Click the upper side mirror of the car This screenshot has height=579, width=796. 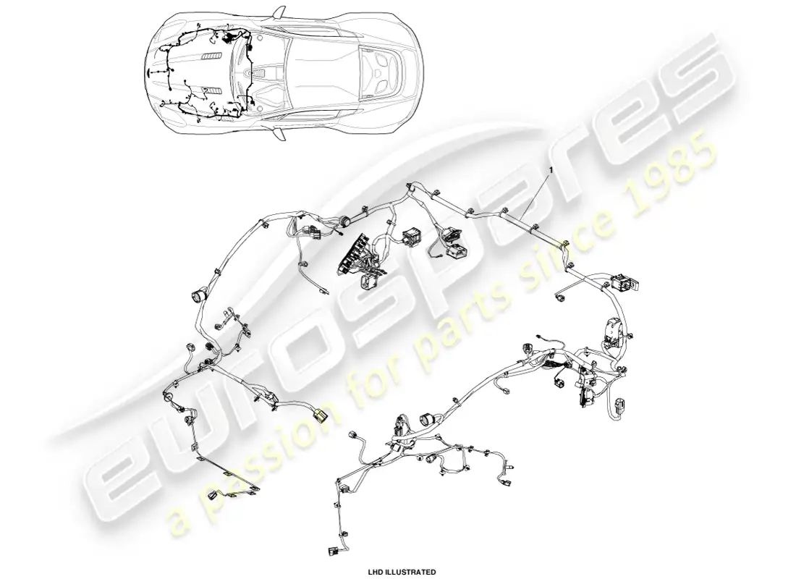click(x=277, y=13)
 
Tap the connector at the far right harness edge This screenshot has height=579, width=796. click(x=620, y=407)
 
